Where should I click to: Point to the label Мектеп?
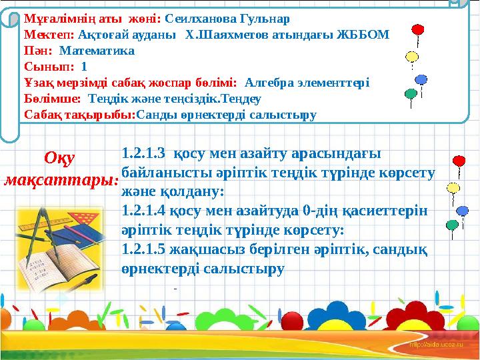pyautogui.click(x=49, y=35)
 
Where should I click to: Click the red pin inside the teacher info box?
pyautogui.click(x=418, y=31)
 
